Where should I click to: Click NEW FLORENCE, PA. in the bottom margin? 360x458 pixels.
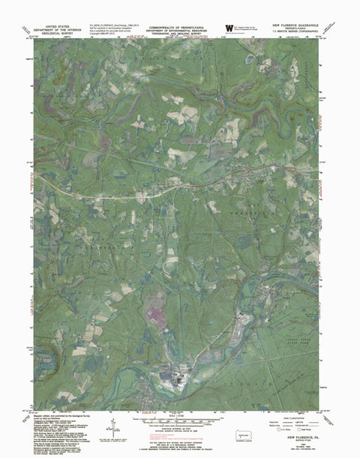(298, 433)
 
